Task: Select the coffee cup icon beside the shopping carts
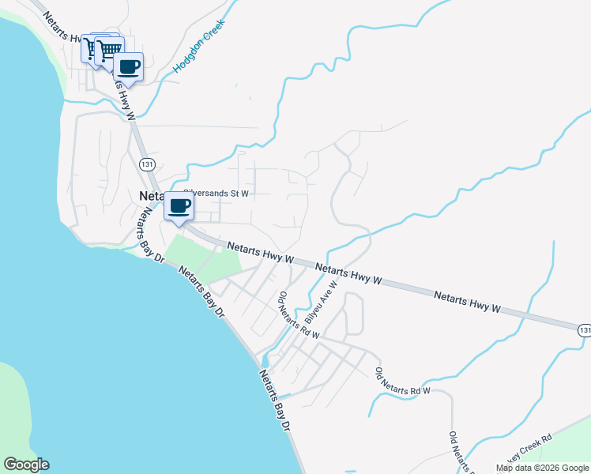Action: [x=128, y=67]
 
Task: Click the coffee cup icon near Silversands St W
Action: [x=179, y=208]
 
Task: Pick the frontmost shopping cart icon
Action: [x=107, y=50]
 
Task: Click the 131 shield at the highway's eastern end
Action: [x=583, y=329]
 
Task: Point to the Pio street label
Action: [x=281, y=299]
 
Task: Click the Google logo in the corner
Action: [x=26, y=465]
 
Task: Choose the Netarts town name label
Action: [x=151, y=196]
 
